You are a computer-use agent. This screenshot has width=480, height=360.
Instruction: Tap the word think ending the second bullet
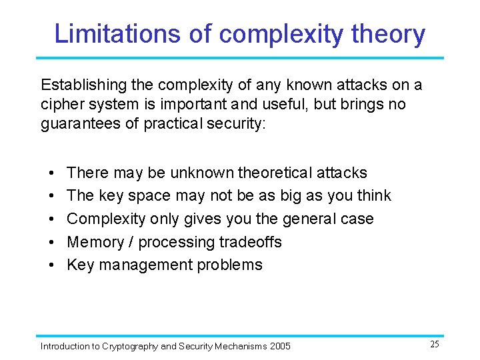(x=374, y=195)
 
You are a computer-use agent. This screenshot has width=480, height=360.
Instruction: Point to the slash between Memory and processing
(x=131, y=241)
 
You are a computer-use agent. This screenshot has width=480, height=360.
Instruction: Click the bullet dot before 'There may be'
(x=51, y=173)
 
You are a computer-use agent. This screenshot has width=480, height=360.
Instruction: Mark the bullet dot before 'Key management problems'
(x=51, y=265)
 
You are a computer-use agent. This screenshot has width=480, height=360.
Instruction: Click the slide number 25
(x=434, y=344)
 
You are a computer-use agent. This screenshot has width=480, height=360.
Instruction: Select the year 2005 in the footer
(x=280, y=346)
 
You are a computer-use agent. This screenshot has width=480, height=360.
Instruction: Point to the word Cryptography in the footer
(x=131, y=346)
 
